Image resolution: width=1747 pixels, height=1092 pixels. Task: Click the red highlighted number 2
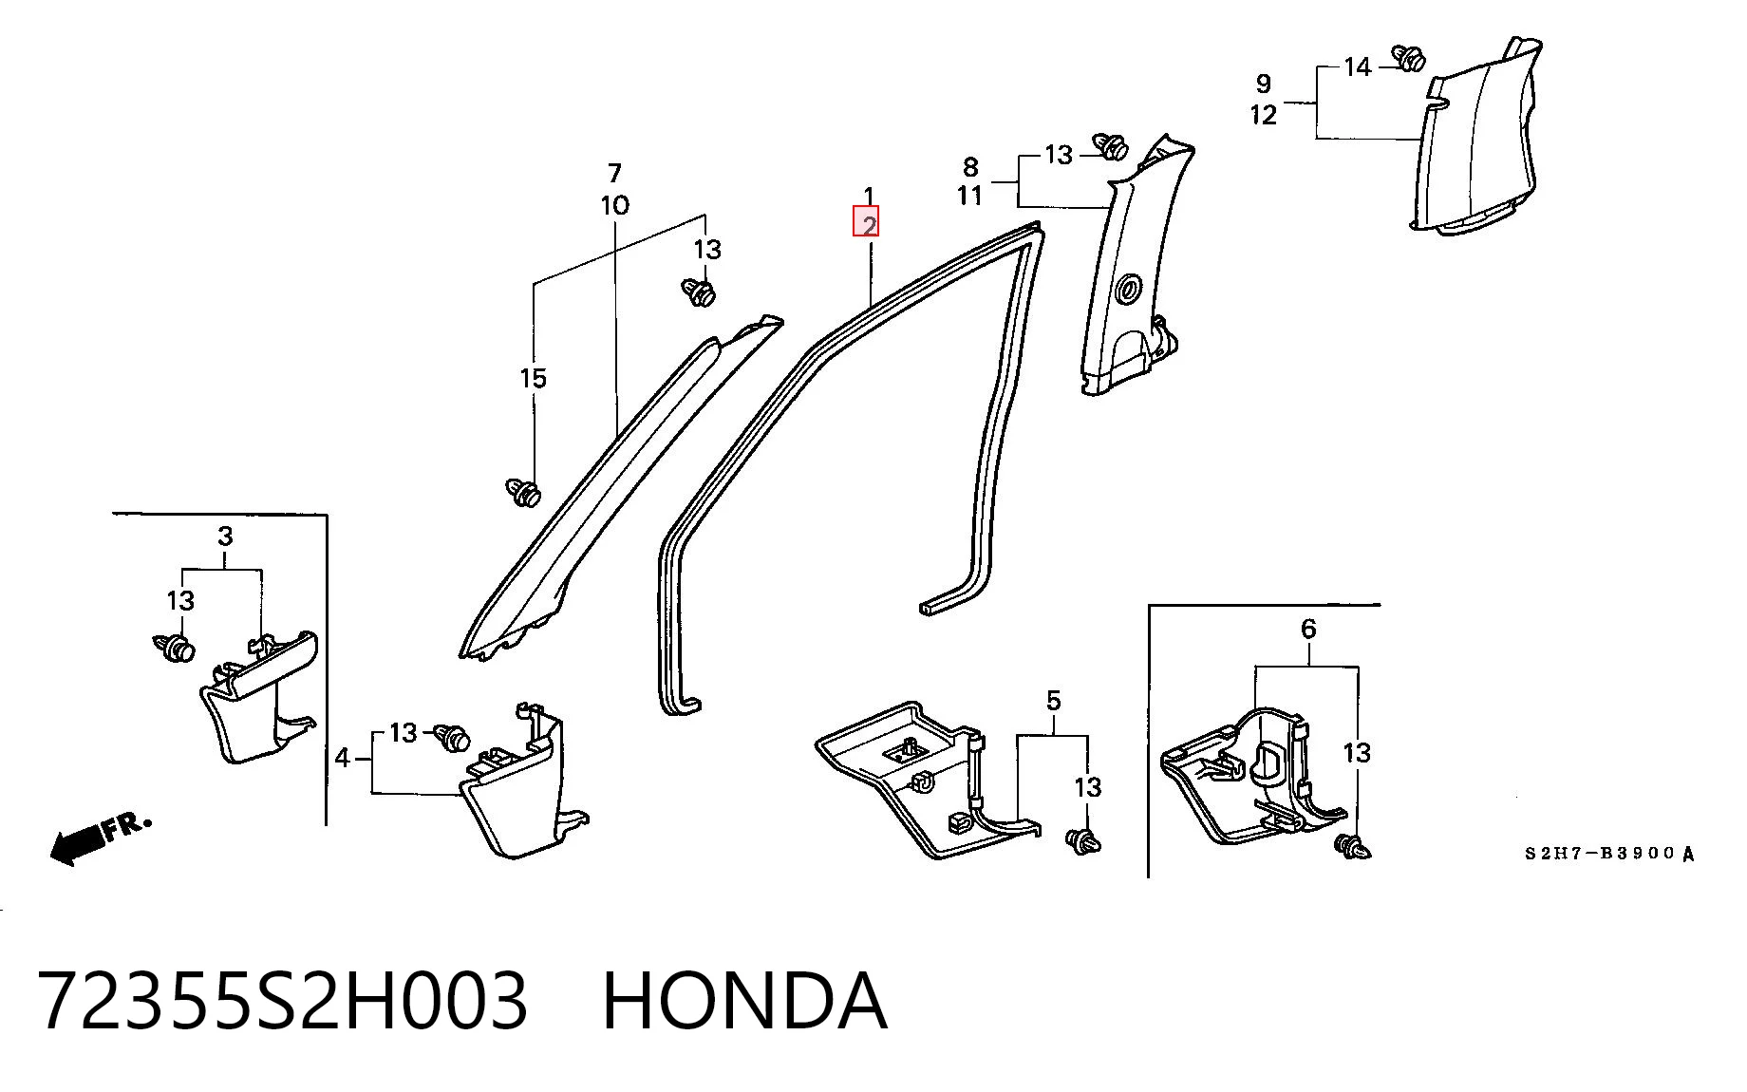(867, 222)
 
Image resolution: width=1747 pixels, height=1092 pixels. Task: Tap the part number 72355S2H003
(283, 1002)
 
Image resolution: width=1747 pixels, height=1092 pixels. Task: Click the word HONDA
(744, 1002)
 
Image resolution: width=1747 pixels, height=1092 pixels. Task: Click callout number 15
(534, 378)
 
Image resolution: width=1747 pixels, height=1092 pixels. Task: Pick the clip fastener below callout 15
(523, 492)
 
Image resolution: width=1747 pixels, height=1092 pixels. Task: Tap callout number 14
(1358, 67)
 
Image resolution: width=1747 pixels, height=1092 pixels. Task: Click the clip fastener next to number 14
(1409, 57)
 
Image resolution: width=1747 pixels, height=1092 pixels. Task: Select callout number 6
(1308, 629)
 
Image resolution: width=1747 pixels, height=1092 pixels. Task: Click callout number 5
(1054, 702)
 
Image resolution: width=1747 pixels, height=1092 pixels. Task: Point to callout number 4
(343, 758)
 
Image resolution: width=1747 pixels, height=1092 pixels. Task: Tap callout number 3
(225, 537)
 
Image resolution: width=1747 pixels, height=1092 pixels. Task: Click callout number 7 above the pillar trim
(614, 174)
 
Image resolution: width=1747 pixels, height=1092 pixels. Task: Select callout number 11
(969, 196)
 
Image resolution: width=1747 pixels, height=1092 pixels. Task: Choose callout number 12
(1264, 115)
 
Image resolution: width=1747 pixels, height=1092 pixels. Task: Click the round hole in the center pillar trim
(1131, 288)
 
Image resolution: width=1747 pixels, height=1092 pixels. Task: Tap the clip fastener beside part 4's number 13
(453, 737)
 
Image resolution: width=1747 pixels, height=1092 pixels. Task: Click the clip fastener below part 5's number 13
(1083, 841)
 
